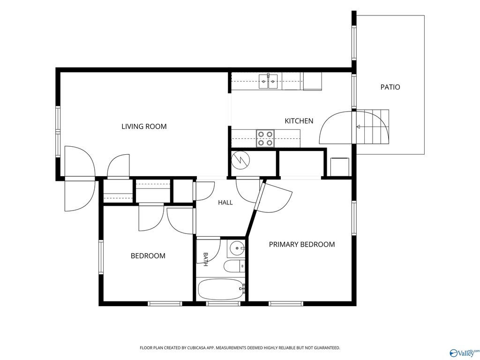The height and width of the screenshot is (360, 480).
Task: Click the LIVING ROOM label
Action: (144, 127)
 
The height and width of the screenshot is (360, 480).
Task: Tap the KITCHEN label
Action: (299, 121)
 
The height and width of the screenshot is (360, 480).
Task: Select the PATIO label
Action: (390, 87)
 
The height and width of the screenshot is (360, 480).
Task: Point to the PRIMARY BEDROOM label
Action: (302, 244)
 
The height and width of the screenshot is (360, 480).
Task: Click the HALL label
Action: (225, 202)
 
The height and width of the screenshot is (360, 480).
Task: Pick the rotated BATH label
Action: (206, 259)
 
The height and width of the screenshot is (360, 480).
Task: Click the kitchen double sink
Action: (268, 81)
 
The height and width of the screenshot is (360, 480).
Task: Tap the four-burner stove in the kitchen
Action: (265, 138)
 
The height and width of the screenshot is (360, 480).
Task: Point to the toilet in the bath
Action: (234, 266)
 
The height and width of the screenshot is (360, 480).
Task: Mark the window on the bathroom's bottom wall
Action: (223, 304)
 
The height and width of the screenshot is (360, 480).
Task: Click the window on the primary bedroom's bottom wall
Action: (286, 304)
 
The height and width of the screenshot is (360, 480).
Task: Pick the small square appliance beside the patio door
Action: (340, 167)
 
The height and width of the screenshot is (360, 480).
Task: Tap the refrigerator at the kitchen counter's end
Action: (313, 82)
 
